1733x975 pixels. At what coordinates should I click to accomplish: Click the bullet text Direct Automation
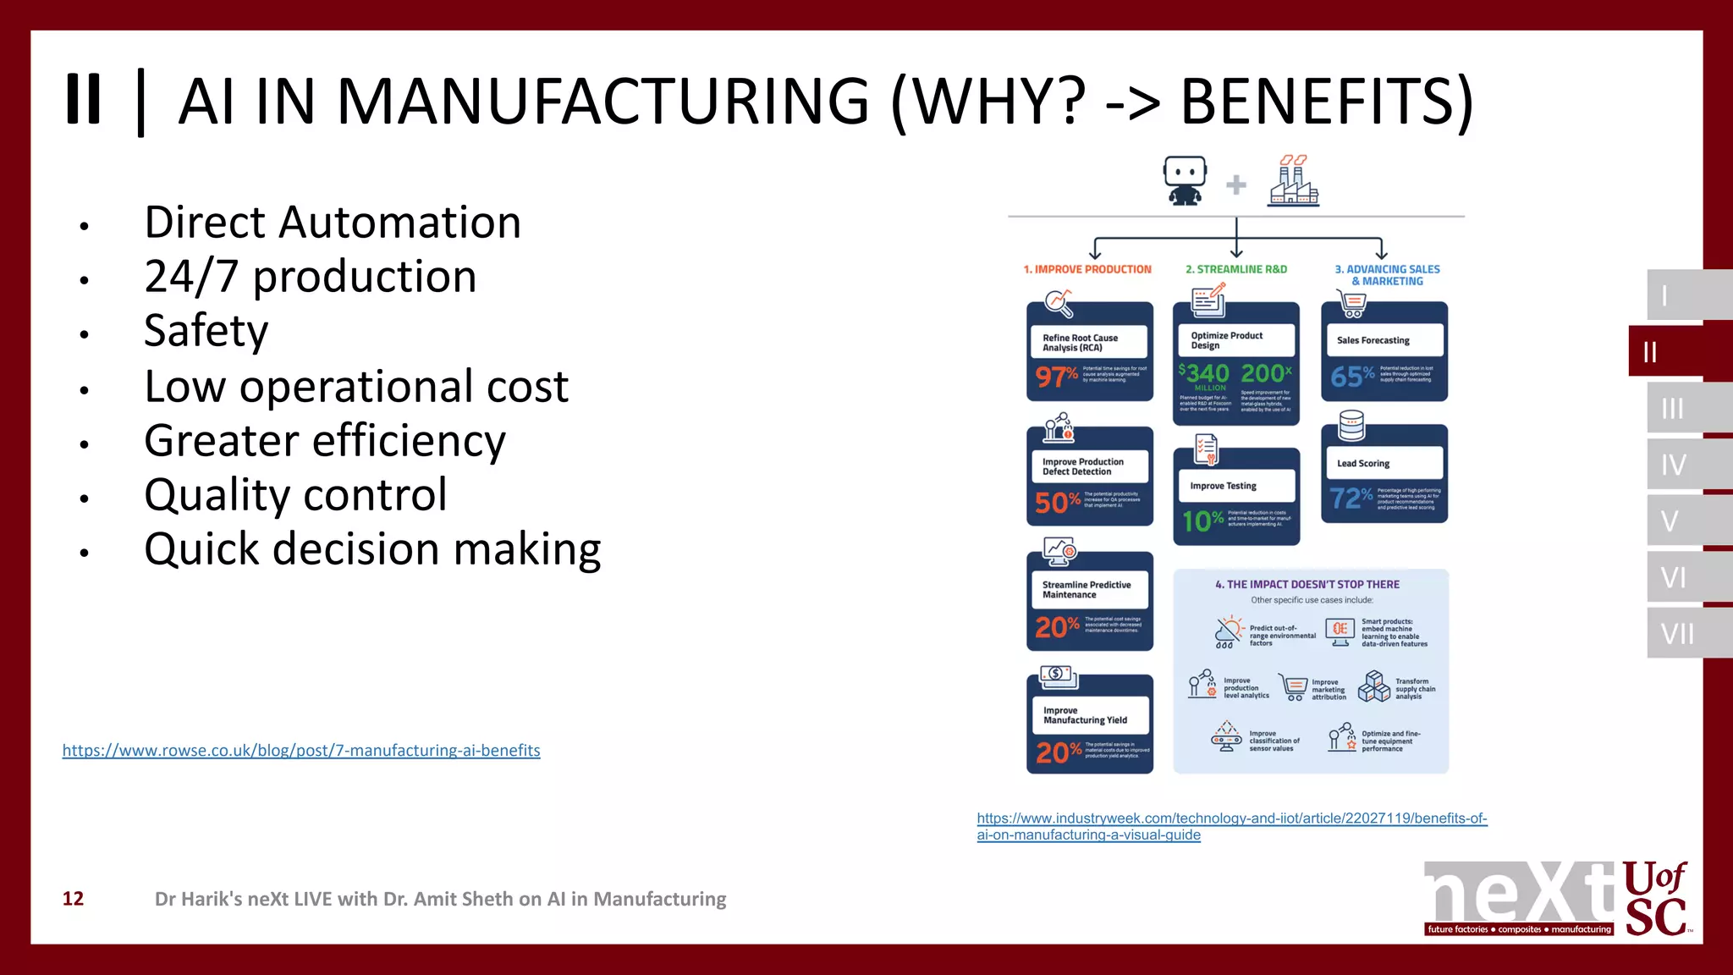tap(333, 223)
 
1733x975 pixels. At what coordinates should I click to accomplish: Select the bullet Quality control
tap(295, 495)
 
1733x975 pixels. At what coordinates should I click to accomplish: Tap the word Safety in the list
tap(206, 331)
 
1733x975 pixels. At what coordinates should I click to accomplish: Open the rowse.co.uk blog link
tap(301, 751)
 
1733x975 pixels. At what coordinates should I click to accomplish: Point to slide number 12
tap(74, 899)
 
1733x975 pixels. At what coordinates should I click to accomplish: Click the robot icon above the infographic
tap(1185, 180)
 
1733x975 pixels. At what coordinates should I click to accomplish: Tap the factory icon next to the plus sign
tap(1292, 180)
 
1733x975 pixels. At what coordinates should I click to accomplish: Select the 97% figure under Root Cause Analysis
tap(1056, 376)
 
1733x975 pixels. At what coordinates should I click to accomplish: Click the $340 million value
tap(1205, 375)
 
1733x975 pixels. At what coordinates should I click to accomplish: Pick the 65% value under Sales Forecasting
tap(1352, 376)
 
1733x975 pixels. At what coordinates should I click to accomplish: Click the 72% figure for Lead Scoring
tap(1351, 498)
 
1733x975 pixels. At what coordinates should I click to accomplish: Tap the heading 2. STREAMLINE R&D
tap(1235, 269)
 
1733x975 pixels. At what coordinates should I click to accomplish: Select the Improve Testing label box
tap(1235, 486)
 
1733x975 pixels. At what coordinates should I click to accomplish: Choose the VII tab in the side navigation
tap(1677, 633)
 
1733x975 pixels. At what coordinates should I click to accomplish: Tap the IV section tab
tap(1674, 465)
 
